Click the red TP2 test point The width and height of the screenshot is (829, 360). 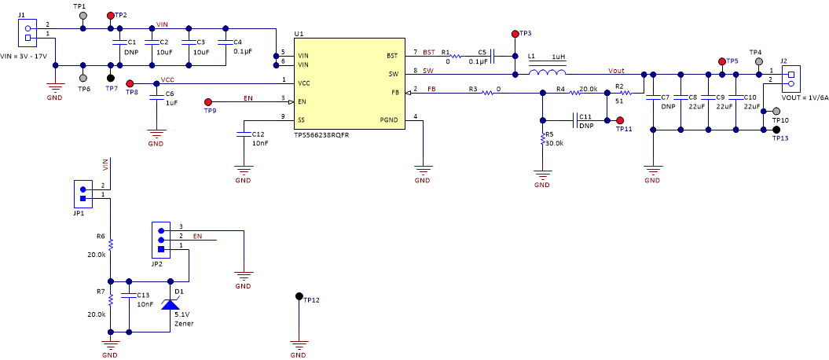pos(110,15)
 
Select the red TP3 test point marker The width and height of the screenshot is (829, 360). pos(515,34)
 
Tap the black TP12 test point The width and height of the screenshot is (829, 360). pos(299,296)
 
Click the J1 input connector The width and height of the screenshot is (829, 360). pos(28,31)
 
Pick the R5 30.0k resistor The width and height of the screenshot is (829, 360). pos(542,139)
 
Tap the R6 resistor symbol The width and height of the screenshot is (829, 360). pos(111,244)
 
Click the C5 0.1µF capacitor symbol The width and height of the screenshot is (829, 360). pos(492,56)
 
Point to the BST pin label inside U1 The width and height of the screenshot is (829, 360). pos(391,56)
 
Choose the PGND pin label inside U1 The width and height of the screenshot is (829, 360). pos(388,120)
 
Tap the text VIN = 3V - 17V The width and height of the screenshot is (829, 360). pos(25,57)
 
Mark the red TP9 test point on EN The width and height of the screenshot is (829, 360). pos(208,102)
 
